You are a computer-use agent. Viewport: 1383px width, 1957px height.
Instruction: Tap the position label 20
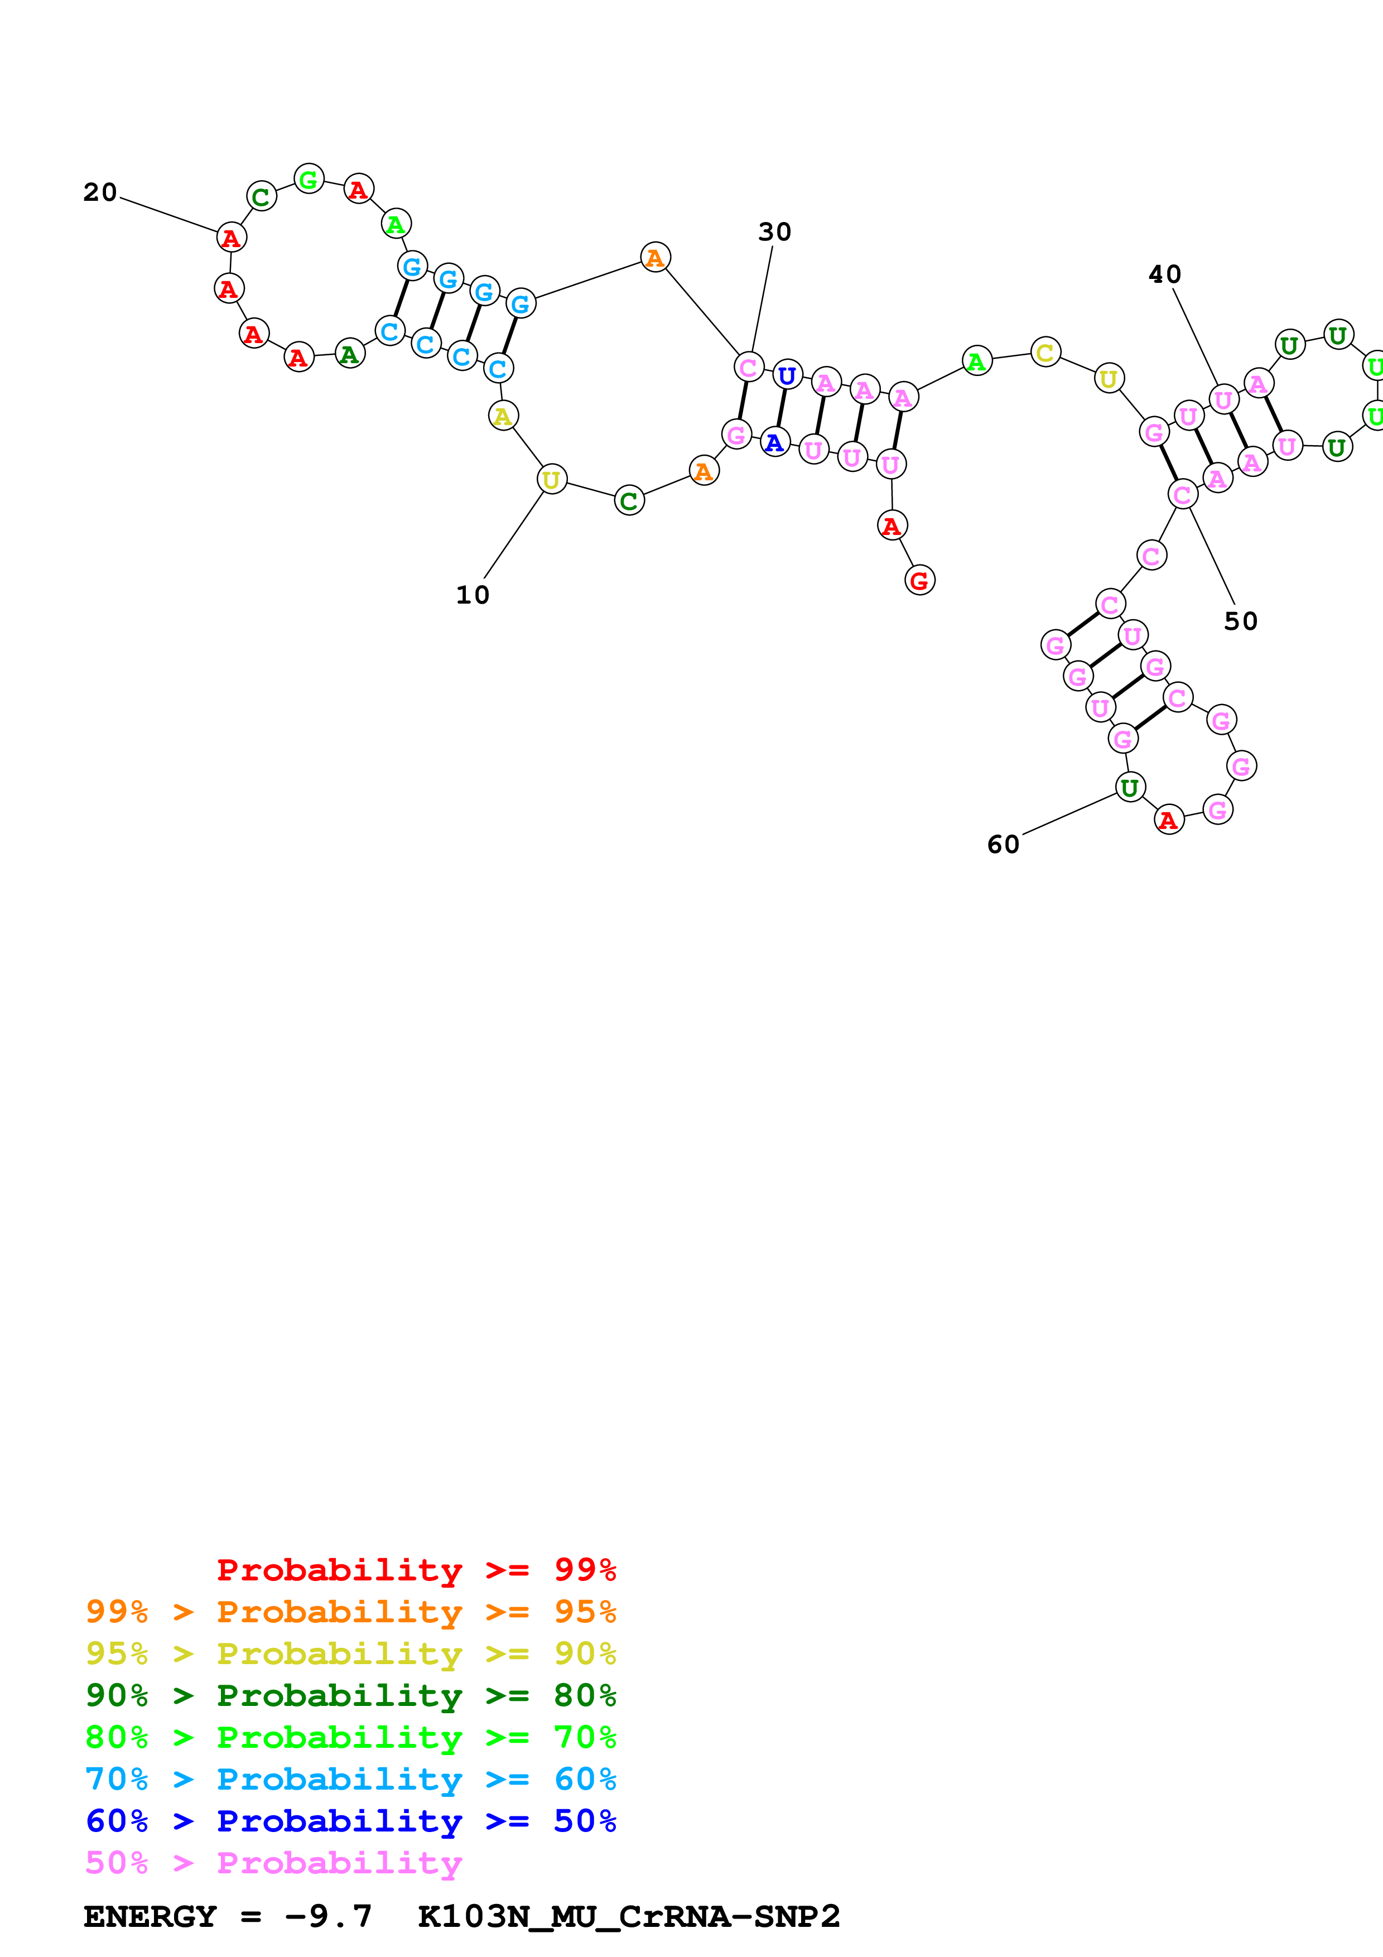click(100, 192)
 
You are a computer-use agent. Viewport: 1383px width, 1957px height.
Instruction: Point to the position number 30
click(774, 232)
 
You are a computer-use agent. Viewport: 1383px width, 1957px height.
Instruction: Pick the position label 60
click(1003, 845)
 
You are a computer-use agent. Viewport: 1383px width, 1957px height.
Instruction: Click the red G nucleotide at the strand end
click(919, 580)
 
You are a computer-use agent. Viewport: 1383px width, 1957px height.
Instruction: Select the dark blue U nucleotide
click(787, 375)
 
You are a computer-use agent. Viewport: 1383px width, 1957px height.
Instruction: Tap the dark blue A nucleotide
click(774, 442)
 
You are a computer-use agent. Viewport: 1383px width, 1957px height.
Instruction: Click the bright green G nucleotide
click(309, 179)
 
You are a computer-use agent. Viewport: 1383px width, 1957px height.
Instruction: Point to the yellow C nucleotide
click(1045, 352)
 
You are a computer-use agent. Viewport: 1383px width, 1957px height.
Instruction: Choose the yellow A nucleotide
click(503, 416)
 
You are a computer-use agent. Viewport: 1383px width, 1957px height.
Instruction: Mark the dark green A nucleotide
click(349, 354)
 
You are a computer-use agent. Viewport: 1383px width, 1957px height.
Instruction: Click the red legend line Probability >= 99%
click(416, 1569)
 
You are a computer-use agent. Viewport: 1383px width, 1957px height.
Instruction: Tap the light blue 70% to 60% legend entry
click(350, 1779)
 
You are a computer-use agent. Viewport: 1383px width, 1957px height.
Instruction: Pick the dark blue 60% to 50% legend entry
click(350, 1821)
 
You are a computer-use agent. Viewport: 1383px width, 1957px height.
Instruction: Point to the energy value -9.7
click(328, 1916)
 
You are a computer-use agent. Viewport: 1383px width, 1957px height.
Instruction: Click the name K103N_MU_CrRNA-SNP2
click(629, 1916)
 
